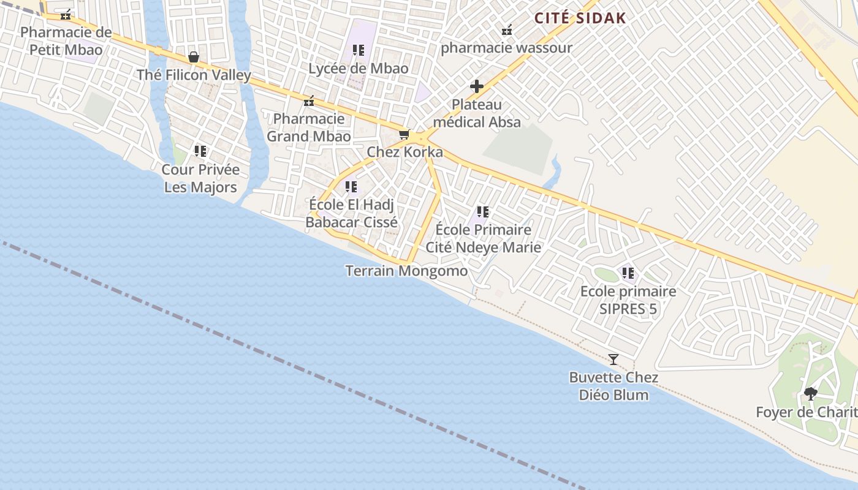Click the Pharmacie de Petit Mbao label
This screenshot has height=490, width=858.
click(x=66, y=41)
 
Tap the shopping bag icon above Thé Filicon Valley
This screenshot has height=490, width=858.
click(x=194, y=57)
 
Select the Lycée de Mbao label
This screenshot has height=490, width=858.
click(x=359, y=69)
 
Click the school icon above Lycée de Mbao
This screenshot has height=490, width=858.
click(x=359, y=50)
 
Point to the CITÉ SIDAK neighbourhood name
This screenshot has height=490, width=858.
click(x=580, y=18)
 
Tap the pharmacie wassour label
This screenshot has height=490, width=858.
click(x=506, y=48)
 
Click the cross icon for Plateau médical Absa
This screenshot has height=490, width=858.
click(x=477, y=86)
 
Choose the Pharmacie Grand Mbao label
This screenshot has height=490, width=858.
click(x=309, y=127)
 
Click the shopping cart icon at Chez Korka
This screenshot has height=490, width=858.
click(x=404, y=134)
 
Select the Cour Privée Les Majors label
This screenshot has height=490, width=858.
click(x=200, y=178)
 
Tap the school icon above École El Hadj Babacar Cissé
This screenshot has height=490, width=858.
click(x=351, y=186)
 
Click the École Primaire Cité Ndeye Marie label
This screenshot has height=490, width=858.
click(x=484, y=238)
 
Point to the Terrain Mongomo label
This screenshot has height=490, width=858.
click(x=406, y=271)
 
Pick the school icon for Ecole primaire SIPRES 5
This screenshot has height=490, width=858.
click(x=628, y=273)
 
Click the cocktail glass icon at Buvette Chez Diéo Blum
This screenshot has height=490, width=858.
click(x=613, y=360)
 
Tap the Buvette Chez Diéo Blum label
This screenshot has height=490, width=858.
click(x=613, y=386)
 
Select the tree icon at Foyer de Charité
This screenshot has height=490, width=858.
click(x=811, y=394)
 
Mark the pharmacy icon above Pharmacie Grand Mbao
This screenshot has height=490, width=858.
click(x=309, y=101)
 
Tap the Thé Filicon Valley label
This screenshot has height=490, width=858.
click(x=194, y=75)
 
